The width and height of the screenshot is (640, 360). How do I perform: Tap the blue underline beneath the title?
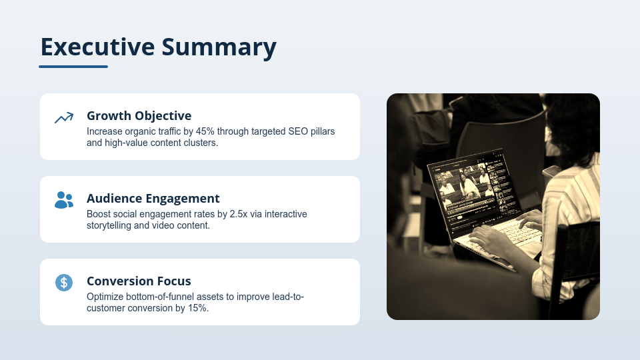click(x=73, y=67)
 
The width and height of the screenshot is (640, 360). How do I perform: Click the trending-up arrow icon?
click(x=64, y=118)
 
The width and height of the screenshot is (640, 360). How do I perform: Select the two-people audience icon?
click(x=64, y=200)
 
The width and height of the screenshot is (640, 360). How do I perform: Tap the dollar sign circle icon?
click(x=64, y=283)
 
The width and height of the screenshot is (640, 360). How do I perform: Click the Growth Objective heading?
click(x=139, y=115)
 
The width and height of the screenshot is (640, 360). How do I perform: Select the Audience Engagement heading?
click(x=153, y=198)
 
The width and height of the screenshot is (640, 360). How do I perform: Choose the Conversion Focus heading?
click(x=139, y=281)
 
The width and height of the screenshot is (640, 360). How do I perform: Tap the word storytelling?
click(x=113, y=225)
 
